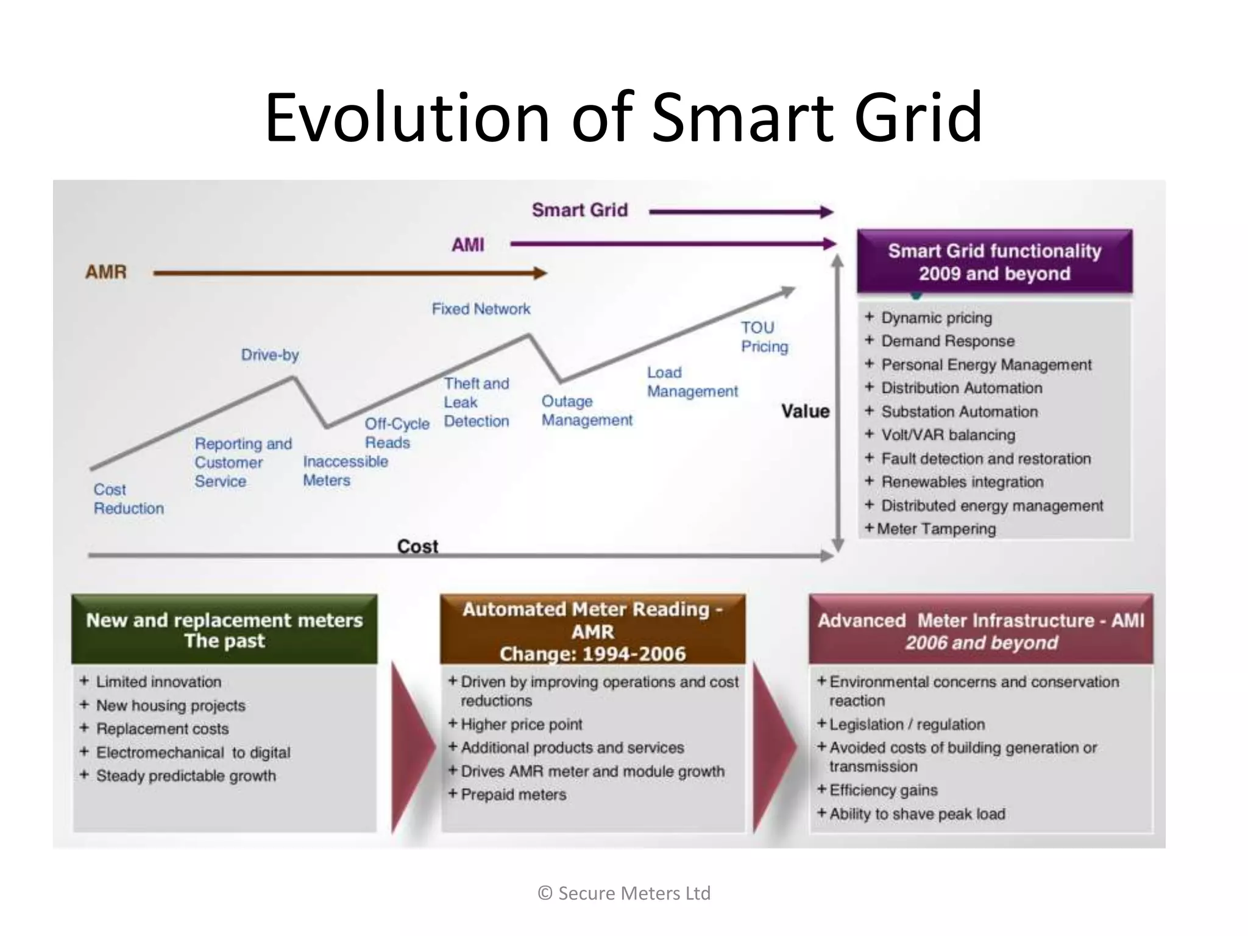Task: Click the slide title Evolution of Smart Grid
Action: click(623, 117)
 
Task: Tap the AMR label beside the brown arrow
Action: click(106, 272)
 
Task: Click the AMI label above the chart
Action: click(467, 245)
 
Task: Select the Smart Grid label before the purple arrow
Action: click(580, 210)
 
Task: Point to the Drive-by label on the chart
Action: click(270, 355)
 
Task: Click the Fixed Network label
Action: click(481, 309)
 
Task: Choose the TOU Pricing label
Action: click(764, 337)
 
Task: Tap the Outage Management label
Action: click(586, 411)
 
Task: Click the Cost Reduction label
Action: click(128, 498)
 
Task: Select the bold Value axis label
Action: click(805, 411)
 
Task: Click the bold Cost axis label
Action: click(417, 546)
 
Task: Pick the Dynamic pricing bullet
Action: click(936, 317)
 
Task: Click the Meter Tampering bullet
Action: click(936, 529)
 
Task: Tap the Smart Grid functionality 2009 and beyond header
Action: click(994, 262)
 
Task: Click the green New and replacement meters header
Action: click(224, 630)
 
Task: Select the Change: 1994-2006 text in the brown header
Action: click(592, 654)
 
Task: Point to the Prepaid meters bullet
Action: click(513, 795)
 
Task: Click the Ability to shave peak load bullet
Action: click(916, 814)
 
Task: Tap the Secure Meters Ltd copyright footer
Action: click(624, 893)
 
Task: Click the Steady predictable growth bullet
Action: click(186, 776)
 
